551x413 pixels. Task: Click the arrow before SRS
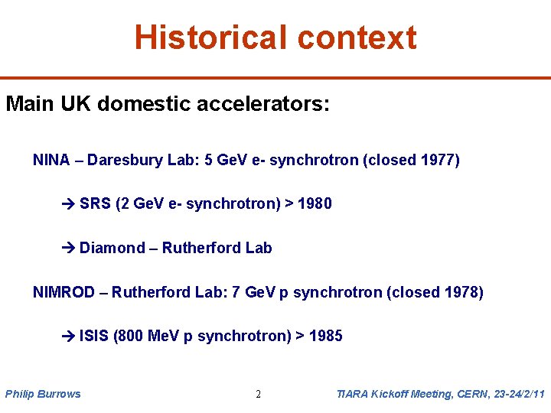coord(68,204)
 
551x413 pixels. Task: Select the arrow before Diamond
coord(68,249)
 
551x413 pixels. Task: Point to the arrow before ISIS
coord(68,337)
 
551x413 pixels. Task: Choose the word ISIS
coord(93,336)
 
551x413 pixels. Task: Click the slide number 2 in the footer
coord(258,395)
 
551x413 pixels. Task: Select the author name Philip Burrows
coord(43,394)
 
